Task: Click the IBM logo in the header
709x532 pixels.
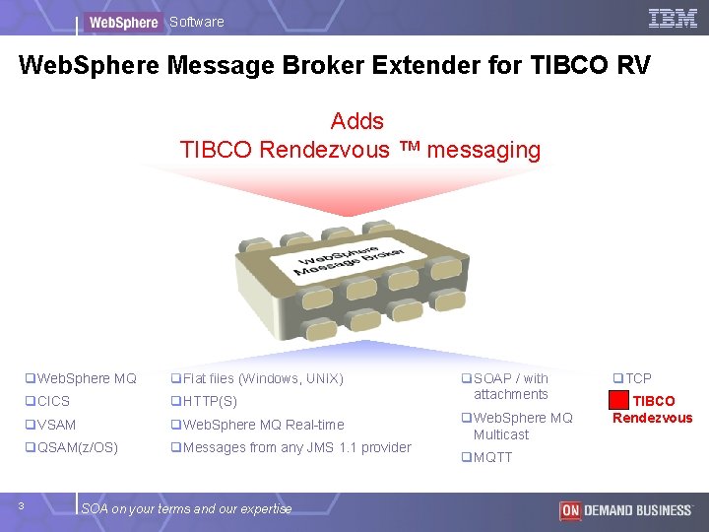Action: click(673, 19)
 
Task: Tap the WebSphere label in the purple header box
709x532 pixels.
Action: click(123, 22)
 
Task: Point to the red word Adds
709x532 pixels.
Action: click(356, 121)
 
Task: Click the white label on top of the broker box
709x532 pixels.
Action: click(349, 260)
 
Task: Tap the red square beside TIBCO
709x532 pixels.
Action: click(618, 400)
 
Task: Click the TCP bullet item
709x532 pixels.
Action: click(632, 378)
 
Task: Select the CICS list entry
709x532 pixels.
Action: click(47, 401)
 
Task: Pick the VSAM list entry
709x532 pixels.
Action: click(50, 425)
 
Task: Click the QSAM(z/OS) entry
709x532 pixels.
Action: click(72, 448)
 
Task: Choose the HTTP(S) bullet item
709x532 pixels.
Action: click(204, 401)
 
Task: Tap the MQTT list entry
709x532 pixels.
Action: click(487, 457)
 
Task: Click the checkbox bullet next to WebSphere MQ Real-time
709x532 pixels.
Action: click(176, 425)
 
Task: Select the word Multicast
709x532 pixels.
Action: click(501, 434)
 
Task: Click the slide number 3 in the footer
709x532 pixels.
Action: click(21, 505)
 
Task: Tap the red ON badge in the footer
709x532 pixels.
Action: click(570, 510)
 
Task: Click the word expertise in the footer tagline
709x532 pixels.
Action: click(266, 509)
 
